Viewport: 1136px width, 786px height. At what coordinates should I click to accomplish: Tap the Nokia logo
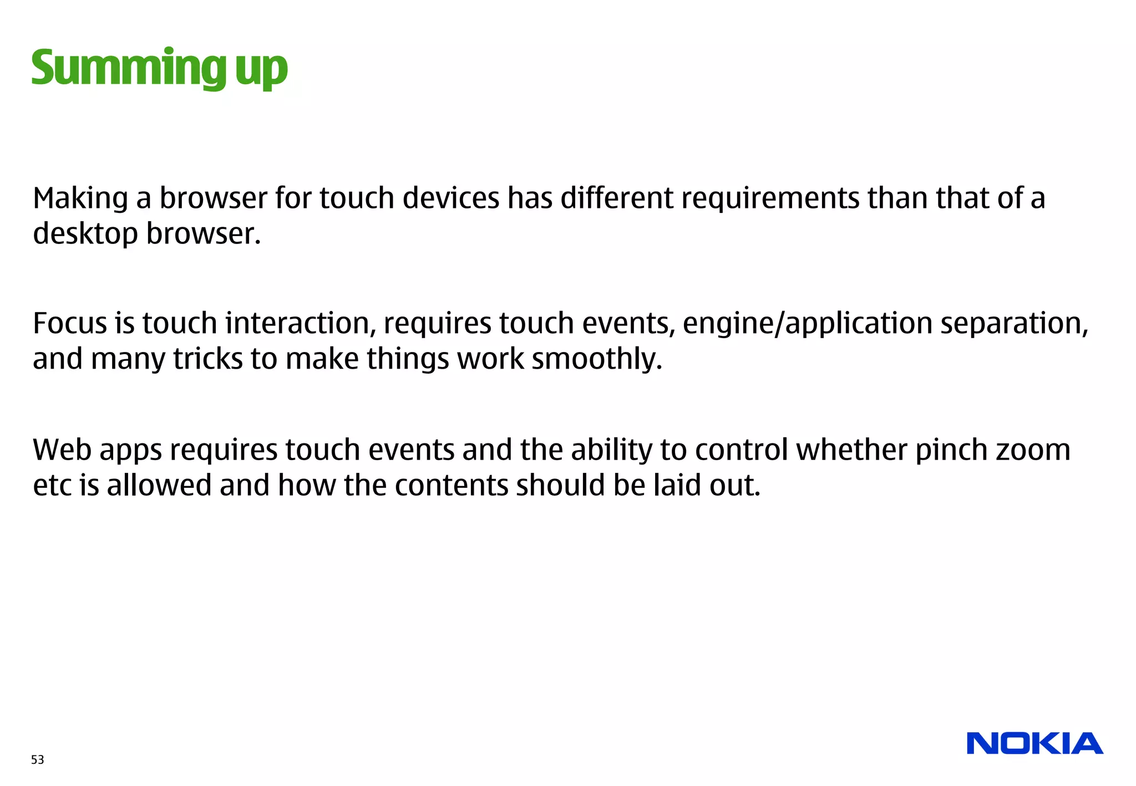pyautogui.click(x=1034, y=743)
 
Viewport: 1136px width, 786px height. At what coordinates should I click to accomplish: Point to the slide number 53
pyautogui.click(x=38, y=759)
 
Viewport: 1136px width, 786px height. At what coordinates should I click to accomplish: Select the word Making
pyautogui.click(x=80, y=198)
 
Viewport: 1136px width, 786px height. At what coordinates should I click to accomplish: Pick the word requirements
pyautogui.click(x=770, y=198)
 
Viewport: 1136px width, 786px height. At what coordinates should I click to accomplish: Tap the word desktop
pyautogui.click(x=85, y=234)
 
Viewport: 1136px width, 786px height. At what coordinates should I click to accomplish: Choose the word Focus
pyautogui.click(x=69, y=323)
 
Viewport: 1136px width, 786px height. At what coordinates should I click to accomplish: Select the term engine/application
pyautogui.click(x=807, y=323)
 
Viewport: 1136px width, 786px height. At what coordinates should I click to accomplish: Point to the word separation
pyautogui.click(x=1015, y=323)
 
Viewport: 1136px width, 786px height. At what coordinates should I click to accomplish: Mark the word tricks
pyautogui.click(x=208, y=359)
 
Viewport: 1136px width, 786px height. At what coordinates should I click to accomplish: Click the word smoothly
pyautogui.click(x=597, y=359)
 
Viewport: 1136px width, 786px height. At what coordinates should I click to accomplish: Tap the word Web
pyautogui.click(x=62, y=450)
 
